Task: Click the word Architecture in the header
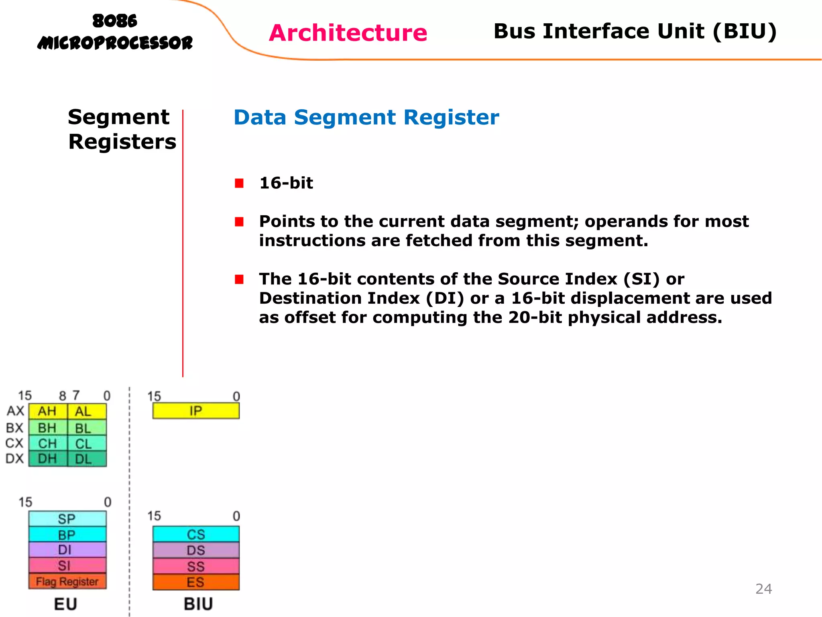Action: coord(348,33)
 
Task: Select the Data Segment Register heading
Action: coord(366,117)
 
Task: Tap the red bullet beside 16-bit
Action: coord(239,183)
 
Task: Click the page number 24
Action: coord(763,589)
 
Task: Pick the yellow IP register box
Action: coord(196,411)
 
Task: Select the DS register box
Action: coord(196,550)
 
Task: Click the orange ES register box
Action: coord(196,582)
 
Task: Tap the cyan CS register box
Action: coord(196,534)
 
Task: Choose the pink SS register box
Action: coord(196,566)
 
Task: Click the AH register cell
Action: coord(47,411)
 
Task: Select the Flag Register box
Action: coord(67,581)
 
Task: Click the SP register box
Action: coord(67,519)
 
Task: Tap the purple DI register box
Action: coord(67,550)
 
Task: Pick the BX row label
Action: coord(15,428)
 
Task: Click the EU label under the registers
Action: coord(65,604)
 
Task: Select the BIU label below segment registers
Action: coord(198,604)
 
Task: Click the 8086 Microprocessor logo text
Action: coord(115,32)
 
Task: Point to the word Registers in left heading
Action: coord(122,142)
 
